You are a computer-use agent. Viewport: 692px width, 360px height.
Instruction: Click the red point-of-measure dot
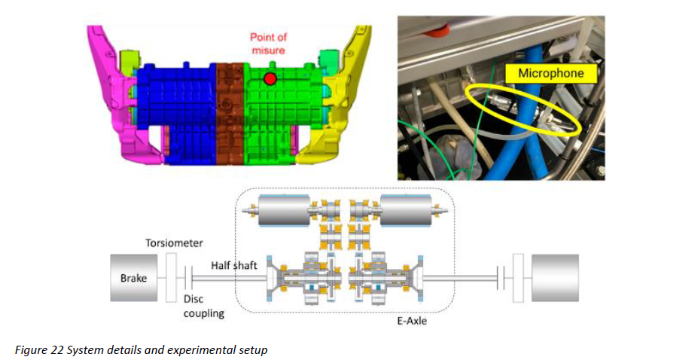pos(270,78)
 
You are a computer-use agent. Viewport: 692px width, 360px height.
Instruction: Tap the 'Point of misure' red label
pos(269,44)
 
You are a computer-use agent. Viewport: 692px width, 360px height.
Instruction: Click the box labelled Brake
pos(134,278)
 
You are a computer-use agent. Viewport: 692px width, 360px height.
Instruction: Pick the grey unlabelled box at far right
pos(555,278)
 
